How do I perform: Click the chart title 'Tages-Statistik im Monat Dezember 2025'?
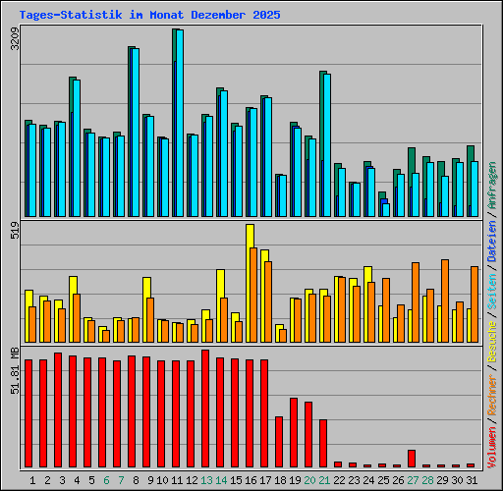(149, 16)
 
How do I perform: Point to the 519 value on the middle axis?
(14, 232)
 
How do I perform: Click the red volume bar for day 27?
(412, 459)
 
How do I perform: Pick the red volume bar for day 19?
(294, 432)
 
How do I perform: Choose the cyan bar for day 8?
(135, 132)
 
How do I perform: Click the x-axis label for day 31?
(471, 480)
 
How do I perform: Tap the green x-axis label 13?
(205, 480)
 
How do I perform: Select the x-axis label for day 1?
(33, 480)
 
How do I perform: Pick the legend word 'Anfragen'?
(492, 188)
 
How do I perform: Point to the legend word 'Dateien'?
(492, 242)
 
